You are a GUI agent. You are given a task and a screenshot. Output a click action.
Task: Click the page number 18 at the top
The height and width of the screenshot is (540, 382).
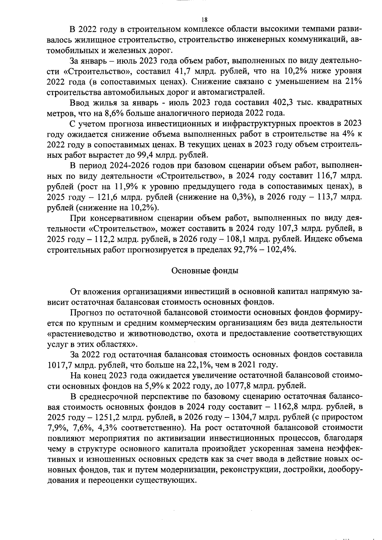tap(204, 20)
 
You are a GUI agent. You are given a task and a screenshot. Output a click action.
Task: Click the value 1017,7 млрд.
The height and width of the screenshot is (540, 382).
tap(65, 365)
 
